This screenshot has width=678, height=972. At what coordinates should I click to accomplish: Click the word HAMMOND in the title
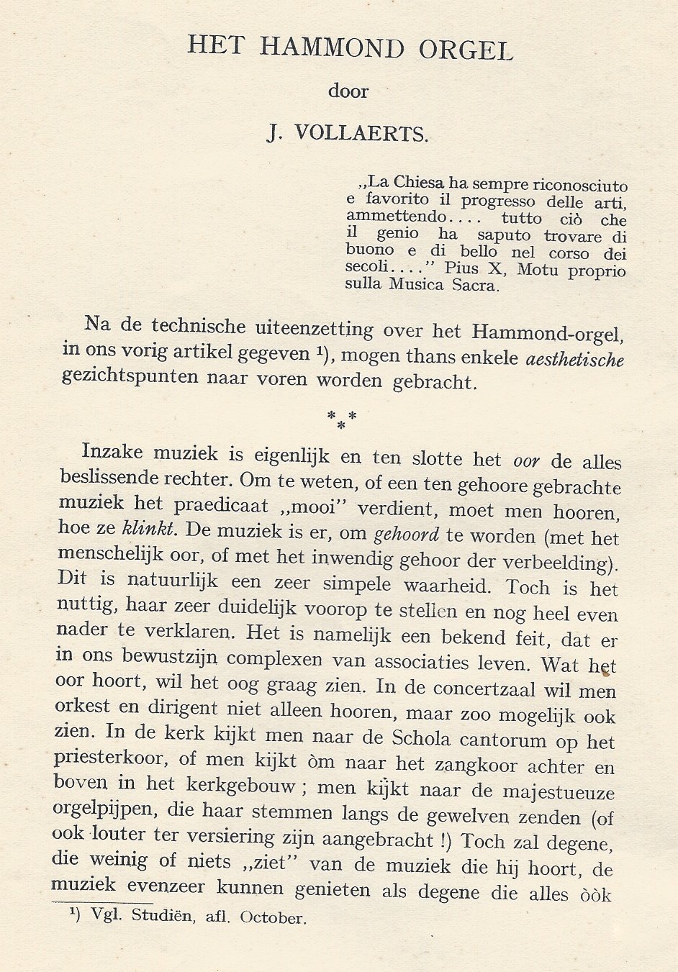332,48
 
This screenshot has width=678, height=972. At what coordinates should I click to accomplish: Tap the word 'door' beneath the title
348,91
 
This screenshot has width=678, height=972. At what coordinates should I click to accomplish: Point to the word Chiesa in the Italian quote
418,183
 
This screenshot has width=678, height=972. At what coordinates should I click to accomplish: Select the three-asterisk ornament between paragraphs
341,419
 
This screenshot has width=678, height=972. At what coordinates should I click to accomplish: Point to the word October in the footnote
272,917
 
